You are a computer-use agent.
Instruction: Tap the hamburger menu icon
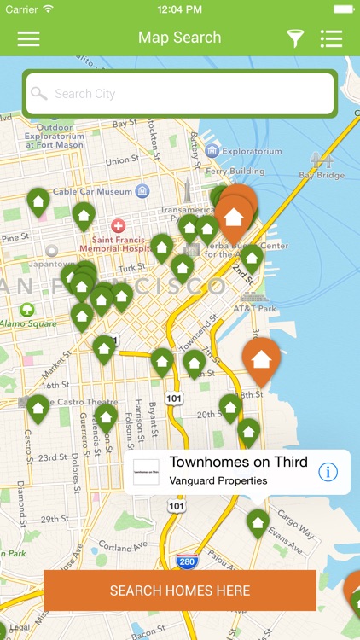click(28, 38)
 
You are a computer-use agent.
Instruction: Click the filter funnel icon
click(294, 38)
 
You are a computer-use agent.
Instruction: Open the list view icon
click(331, 38)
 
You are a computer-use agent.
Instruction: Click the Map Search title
click(179, 38)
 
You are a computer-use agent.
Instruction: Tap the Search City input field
click(180, 94)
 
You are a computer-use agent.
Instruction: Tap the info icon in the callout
click(328, 472)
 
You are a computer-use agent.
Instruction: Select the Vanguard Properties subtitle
click(218, 480)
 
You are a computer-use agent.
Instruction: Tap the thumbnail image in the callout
click(147, 472)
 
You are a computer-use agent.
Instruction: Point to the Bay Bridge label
click(322, 175)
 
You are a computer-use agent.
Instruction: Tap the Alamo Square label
click(27, 324)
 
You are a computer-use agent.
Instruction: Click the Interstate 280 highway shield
click(187, 562)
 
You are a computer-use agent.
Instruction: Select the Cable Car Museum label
click(93, 192)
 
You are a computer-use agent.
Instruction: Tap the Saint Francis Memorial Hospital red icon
click(118, 225)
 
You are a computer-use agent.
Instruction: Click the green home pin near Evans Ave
click(258, 521)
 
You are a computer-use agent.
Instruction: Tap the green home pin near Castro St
click(38, 408)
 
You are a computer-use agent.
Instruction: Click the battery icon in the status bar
click(343, 9)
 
